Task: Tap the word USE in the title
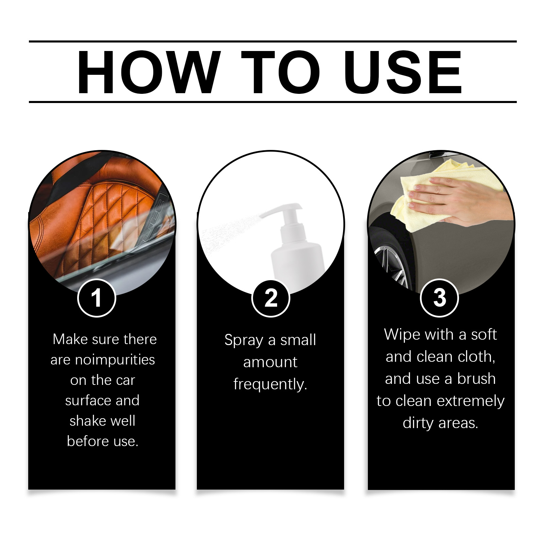(x=403, y=72)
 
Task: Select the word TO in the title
(x=280, y=72)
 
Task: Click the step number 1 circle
(x=97, y=298)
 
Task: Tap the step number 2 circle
(x=271, y=298)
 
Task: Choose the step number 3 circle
(x=440, y=298)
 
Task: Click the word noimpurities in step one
(x=115, y=360)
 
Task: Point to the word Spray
(x=244, y=340)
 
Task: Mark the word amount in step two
(x=270, y=362)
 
